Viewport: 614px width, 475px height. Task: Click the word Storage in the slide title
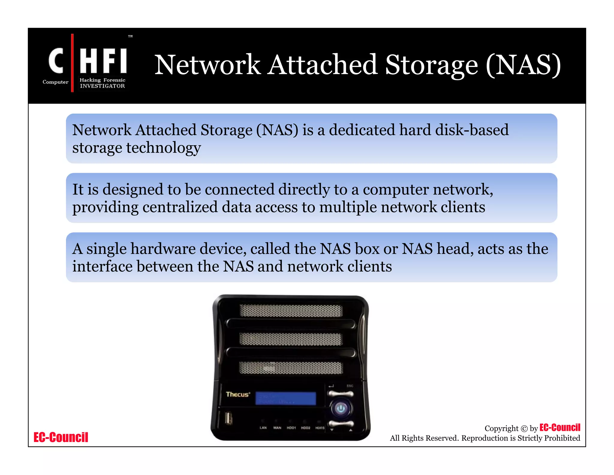click(x=431, y=65)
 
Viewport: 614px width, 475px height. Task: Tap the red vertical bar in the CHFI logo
click(x=72, y=63)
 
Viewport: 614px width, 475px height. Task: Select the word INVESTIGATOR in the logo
click(x=102, y=86)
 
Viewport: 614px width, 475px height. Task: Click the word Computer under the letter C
click(x=55, y=82)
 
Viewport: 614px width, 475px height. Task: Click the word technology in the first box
click(x=163, y=148)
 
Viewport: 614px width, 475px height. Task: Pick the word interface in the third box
click(x=102, y=266)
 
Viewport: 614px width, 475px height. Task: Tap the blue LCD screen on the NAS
click(x=285, y=398)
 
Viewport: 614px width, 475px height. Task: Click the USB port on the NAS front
click(x=228, y=418)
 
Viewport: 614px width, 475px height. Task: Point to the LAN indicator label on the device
click(x=263, y=428)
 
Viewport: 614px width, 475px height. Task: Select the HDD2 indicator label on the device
click(x=306, y=428)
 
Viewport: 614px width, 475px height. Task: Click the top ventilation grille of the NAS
click(x=291, y=311)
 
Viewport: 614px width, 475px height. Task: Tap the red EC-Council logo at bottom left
click(x=61, y=437)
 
